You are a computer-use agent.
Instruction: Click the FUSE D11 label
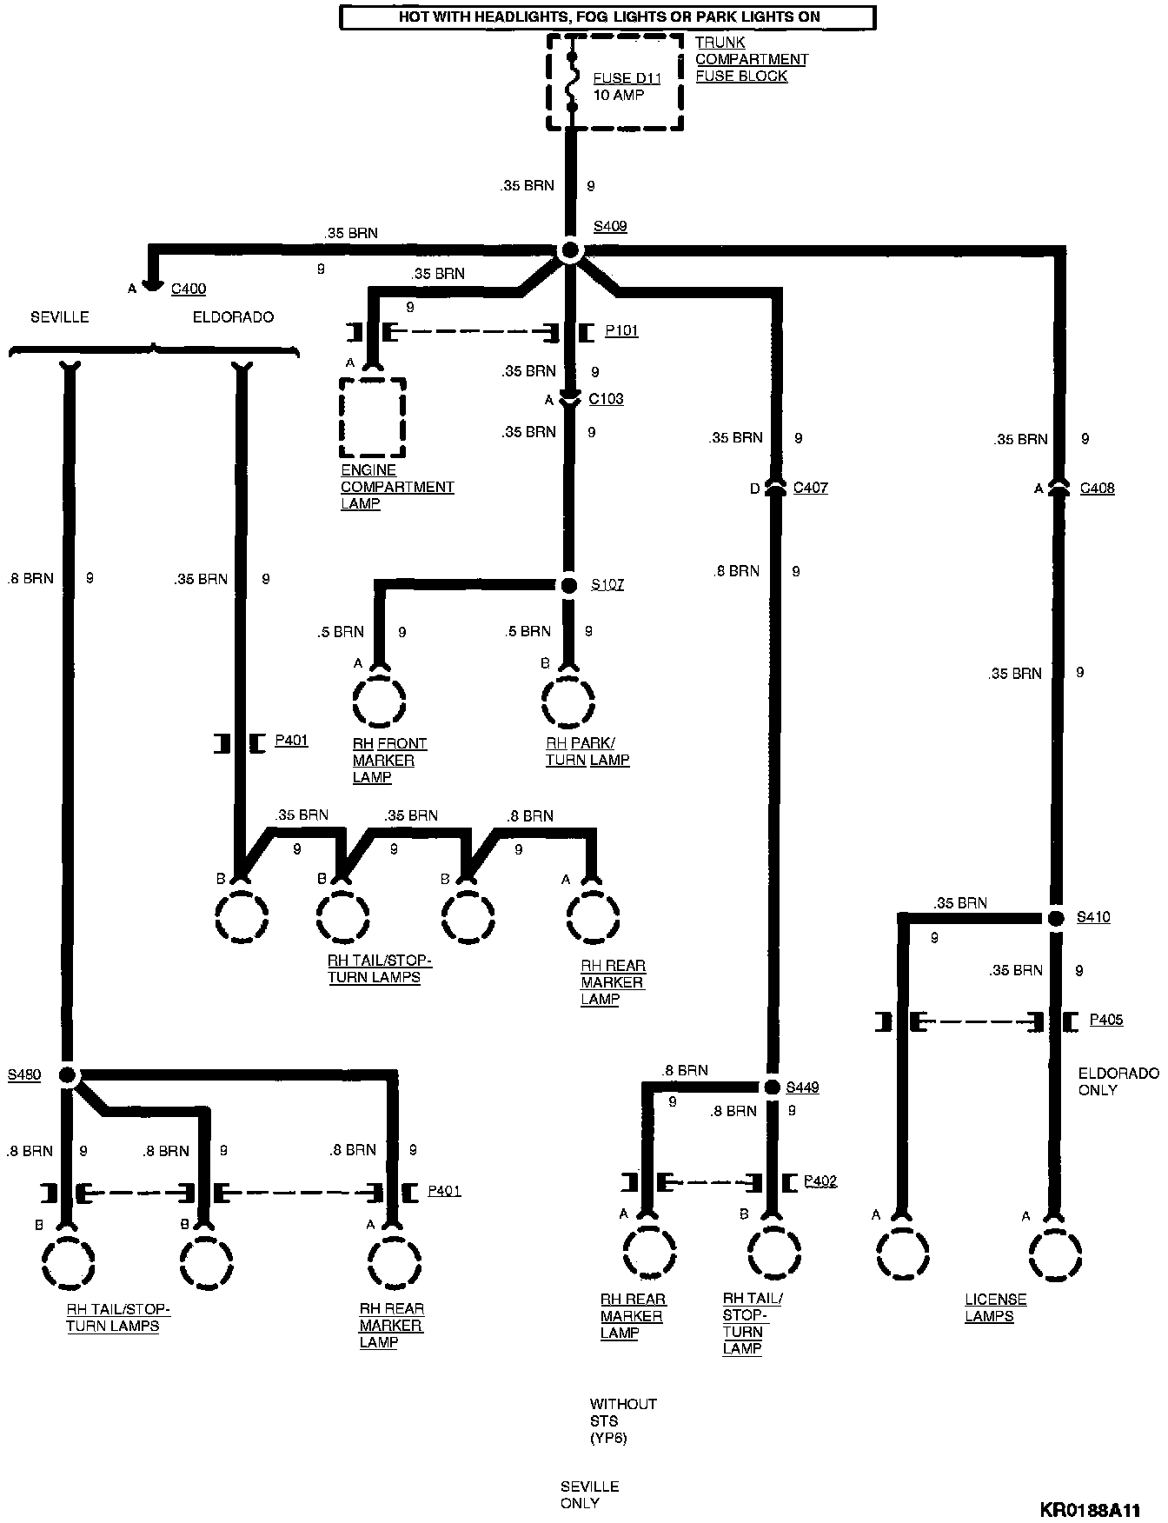[x=627, y=78]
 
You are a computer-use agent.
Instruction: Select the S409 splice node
[x=570, y=251]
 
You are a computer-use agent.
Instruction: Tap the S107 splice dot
[x=569, y=585]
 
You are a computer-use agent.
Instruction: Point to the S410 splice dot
[x=1055, y=918]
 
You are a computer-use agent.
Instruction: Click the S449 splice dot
[x=771, y=1087]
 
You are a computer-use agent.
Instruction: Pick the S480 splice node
[x=69, y=1075]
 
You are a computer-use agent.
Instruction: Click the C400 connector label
[x=188, y=289]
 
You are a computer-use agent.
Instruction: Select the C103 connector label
[x=606, y=400]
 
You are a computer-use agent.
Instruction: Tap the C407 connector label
[x=810, y=489]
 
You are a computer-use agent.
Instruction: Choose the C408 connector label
[x=1097, y=489]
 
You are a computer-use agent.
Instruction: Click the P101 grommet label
[x=621, y=331]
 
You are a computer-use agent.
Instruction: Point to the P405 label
[x=1105, y=1020]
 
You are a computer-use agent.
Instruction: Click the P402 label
[x=820, y=1180]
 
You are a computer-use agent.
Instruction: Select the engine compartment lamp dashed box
[x=372, y=417]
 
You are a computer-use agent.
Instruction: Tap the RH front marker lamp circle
[x=380, y=700]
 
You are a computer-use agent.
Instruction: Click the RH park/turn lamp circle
[x=568, y=700]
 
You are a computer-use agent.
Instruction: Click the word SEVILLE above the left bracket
[x=60, y=317]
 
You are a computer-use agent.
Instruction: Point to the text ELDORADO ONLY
[x=1118, y=1081]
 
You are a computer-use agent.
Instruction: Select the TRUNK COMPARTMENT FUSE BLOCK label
[x=751, y=59]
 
